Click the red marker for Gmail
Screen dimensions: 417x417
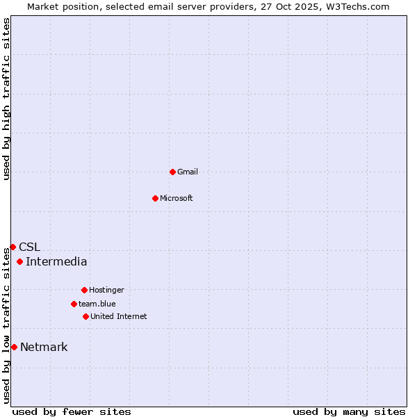pyautogui.click(x=172, y=172)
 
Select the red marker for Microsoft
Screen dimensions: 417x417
pyautogui.click(x=155, y=198)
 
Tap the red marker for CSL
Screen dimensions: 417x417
pyautogui.click(x=13, y=247)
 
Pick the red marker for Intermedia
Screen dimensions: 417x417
pyautogui.click(x=19, y=261)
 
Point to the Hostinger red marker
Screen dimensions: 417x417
pyautogui.click(x=84, y=290)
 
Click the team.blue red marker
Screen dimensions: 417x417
pyautogui.click(x=74, y=304)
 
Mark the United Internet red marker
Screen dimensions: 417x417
pyautogui.click(x=85, y=316)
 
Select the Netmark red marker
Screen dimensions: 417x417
pyautogui.click(x=14, y=347)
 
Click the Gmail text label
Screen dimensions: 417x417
pyautogui.click(x=188, y=172)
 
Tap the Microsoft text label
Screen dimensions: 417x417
pyautogui.click(x=177, y=198)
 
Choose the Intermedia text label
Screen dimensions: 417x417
pyautogui.click(x=56, y=261)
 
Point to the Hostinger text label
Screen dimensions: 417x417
pyautogui.click(x=106, y=290)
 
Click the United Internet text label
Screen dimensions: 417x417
pyautogui.click(x=119, y=316)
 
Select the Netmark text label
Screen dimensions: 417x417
pyautogui.click(x=44, y=347)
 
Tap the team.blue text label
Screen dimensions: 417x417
pyautogui.click(x=97, y=304)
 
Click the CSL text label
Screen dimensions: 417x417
pyautogui.click(x=29, y=247)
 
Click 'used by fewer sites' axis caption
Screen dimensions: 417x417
pyautogui.click(x=72, y=411)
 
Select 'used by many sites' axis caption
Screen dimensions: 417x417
pyautogui.click(x=349, y=411)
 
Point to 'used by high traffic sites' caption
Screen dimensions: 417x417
pyautogui.click(x=6, y=99)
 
